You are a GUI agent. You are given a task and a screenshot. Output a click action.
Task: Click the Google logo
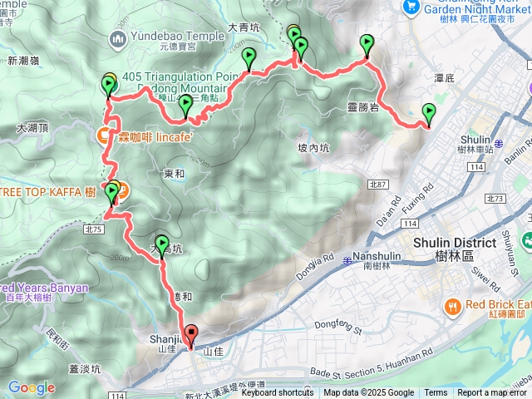click(x=32, y=387)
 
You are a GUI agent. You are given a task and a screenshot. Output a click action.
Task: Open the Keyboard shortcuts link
click(x=278, y=393)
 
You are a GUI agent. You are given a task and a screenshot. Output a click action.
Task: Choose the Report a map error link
click(x=491, y=393)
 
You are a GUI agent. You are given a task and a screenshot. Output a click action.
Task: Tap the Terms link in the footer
click(x=436, y=393)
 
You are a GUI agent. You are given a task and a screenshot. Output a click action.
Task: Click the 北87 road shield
click(x=377, y=184)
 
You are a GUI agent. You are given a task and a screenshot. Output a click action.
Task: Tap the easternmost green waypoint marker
click(x=429, y=114)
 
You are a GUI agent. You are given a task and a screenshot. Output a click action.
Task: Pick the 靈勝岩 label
click(x=362, y=106)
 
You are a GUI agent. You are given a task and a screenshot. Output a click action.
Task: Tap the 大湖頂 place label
click(x=33, y=128)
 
